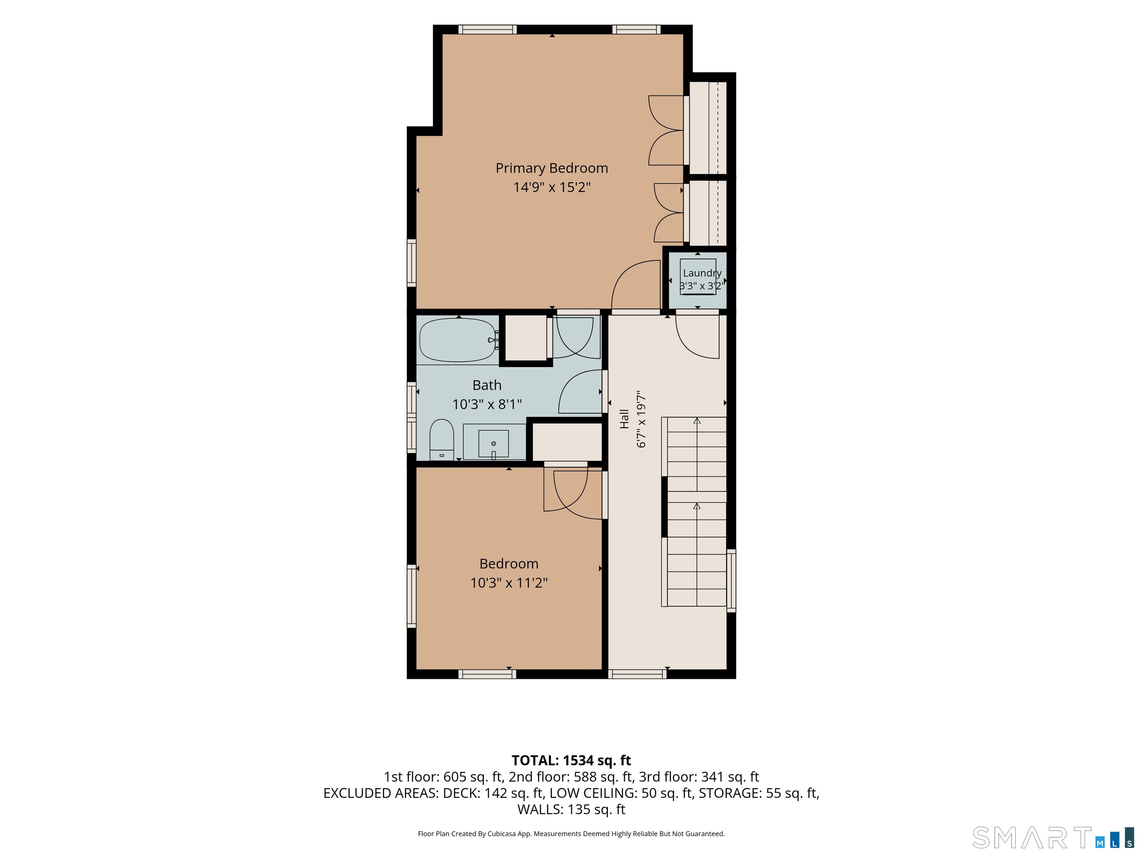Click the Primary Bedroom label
[x=551, y=168]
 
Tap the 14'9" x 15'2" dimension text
[x=551, y=187]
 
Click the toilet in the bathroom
[x=442, y=439]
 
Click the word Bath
[x=487, y=385]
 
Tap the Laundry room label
[x=702, y=273]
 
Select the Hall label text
[x=624, y=419]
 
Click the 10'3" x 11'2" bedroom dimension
[x=509, y=583]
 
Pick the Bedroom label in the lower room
[x=509, y=564]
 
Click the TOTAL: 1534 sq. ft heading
[x=571, y=760]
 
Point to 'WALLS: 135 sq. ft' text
[x=571, y=809]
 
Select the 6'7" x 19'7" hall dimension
[x=641, y=419]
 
